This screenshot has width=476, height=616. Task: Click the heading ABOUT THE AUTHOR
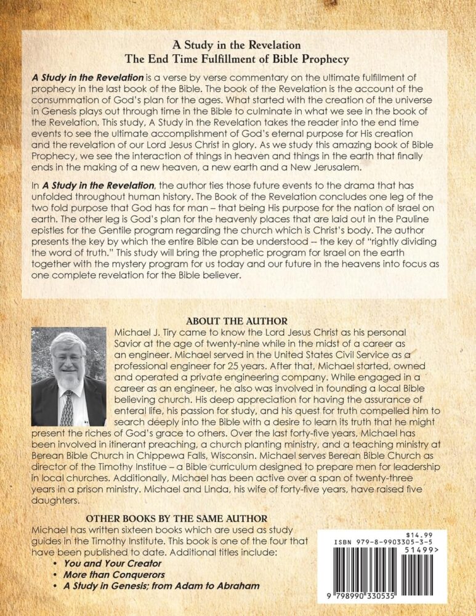[x=236, y=321]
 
